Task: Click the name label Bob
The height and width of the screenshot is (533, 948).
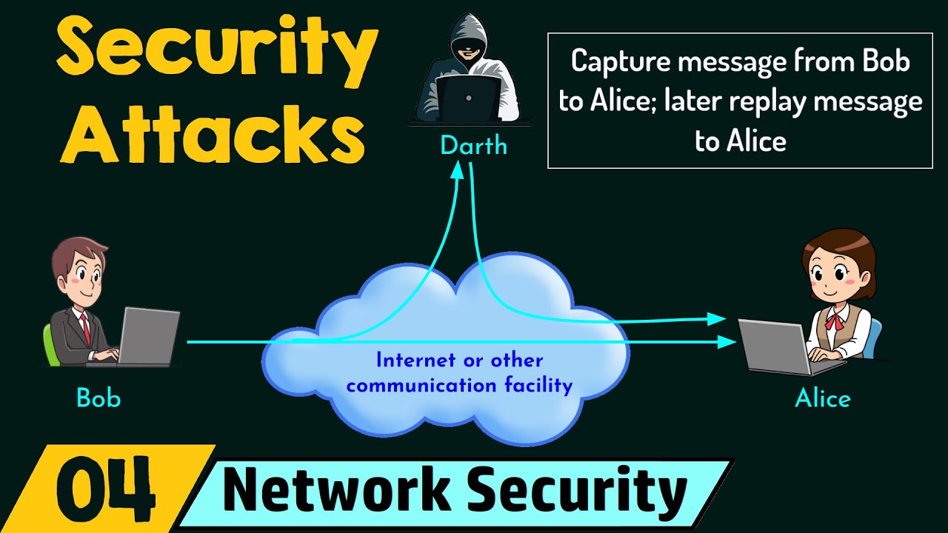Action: [99, 399]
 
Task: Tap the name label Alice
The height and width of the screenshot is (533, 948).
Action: [823, 399]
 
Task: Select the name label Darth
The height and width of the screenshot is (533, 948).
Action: [473, 146]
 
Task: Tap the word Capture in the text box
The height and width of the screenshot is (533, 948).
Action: [622, 61]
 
